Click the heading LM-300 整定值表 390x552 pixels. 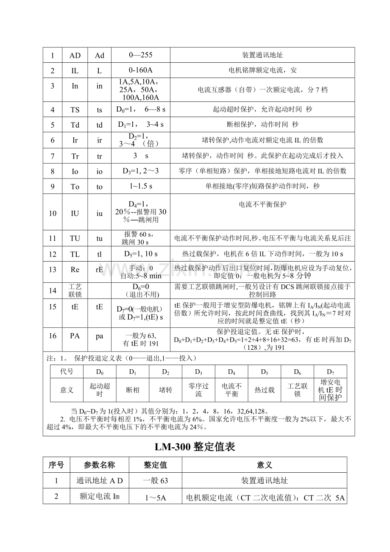[195, 447]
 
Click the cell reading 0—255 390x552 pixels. [140, 55]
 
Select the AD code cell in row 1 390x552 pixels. [75, 56]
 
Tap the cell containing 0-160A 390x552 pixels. [140, 71]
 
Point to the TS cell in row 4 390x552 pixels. [75, 110]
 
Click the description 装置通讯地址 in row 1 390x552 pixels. [262, 55]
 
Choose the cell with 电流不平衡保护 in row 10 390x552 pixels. [262, 204]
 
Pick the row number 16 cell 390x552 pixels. [53, 336]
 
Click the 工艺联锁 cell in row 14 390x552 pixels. [75, 291]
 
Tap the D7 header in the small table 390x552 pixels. [330, 372]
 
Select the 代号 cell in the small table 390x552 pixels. [67, 372]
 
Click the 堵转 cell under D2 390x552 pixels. [165, 390]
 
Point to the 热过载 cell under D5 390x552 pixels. [265, 390]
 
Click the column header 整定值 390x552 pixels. [155, 465]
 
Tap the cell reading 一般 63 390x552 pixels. [155, 481]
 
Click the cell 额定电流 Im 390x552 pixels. [99, 496]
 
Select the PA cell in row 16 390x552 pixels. [75, 336]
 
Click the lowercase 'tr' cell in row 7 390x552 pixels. [99, 156]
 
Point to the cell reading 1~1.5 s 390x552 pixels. [140, 187]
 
